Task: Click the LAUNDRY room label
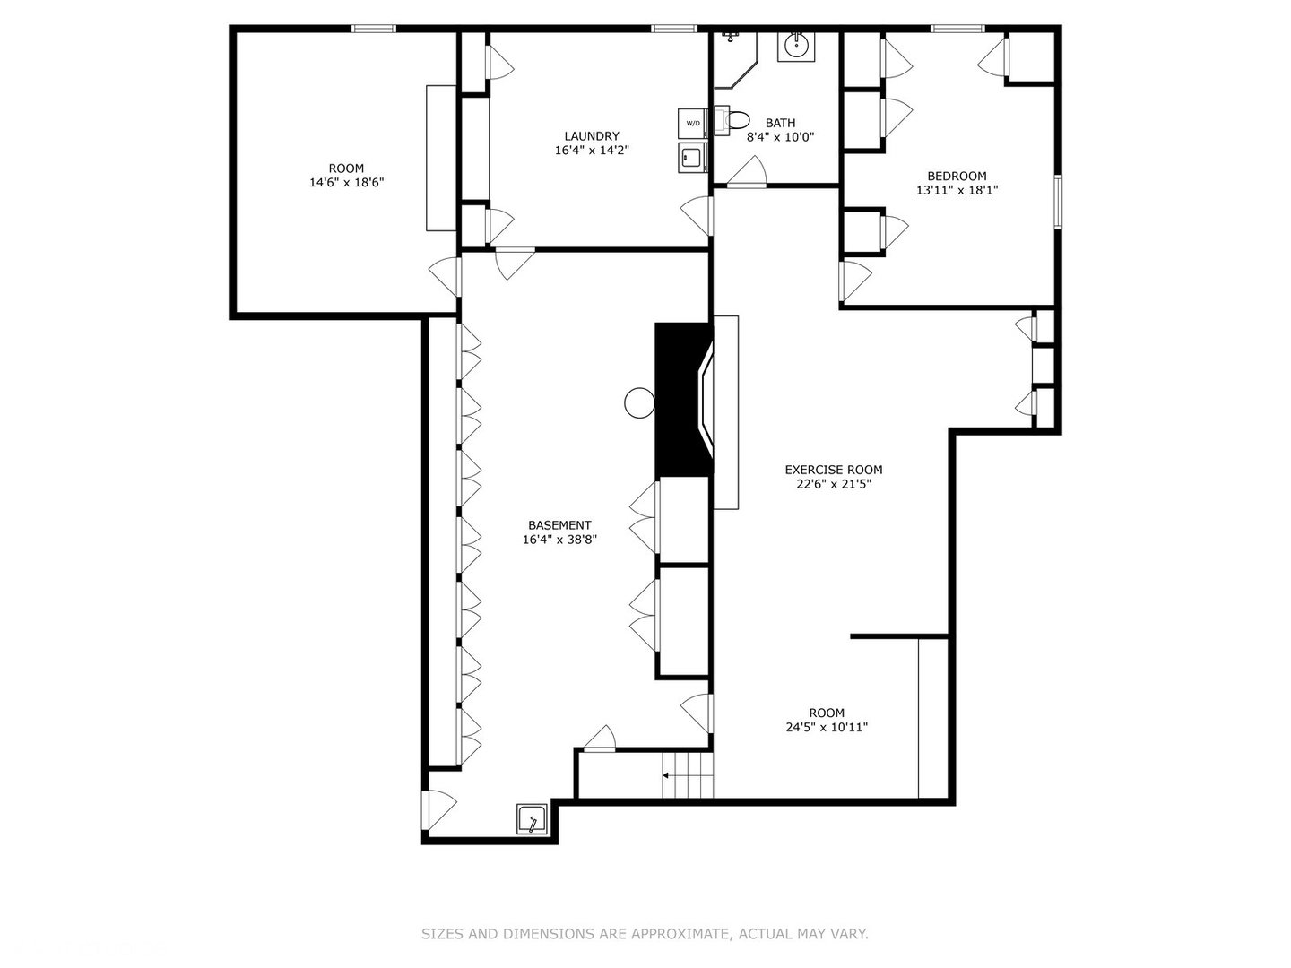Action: click(x=591, y=136)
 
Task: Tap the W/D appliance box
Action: click(x=692, y=123)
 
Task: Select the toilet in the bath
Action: click(x=732, y=120)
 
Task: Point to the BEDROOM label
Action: click(x=957, y=176)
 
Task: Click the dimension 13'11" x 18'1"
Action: click(x=957, y=190)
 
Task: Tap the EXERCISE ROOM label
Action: click(x=834, y=470)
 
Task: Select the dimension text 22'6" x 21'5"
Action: click(x=834, y=484)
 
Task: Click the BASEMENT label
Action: click(x=559, y=525)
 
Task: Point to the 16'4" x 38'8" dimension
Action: click(x=559, y=540)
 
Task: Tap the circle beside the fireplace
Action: click(x=639, y=403)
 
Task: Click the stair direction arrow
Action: click(x=666, y=776)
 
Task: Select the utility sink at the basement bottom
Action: click(x=532, y=818)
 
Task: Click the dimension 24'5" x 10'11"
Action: click(x=827, y=727)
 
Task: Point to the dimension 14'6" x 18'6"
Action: click(x=346, y=182)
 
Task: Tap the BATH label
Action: click(x=780, y=123)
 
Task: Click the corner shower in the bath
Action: click(x=735, y=60)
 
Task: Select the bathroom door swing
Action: click(x=747, y=171)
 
